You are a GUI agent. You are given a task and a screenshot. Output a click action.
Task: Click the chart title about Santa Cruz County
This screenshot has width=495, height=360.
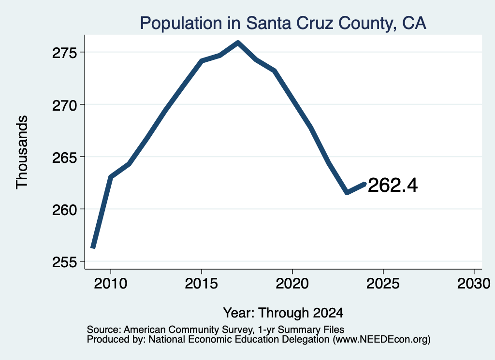(x=283, y=23)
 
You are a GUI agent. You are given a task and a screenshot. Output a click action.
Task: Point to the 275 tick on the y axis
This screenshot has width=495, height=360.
(x=64, y=53)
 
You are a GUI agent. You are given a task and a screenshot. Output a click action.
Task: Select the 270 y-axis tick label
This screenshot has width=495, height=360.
(x=64, y=105)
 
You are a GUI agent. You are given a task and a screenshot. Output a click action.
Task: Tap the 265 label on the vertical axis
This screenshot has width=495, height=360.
(x=64, y=158)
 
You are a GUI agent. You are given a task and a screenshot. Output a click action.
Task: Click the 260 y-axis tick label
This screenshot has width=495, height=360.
(x=64, y=210)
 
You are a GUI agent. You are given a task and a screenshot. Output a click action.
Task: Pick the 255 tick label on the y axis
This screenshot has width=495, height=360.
(x=64, y=262)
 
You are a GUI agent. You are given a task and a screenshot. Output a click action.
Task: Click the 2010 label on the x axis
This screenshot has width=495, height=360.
(x=111, y=283)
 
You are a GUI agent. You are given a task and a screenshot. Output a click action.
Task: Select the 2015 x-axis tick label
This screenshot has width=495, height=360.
(x=202, y=283)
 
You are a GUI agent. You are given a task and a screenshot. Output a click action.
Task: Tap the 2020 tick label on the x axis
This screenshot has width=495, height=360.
(x=292, y=283)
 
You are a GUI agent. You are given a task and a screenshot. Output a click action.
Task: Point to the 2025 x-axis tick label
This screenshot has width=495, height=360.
(x=383, y=283)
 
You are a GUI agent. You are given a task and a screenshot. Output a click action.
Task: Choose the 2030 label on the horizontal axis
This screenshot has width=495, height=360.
(x=474, y=283)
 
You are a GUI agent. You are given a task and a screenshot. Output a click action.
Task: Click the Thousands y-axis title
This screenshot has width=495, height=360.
(x=22, y=152)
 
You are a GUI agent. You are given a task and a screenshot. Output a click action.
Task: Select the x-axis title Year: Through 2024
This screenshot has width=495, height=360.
(x=283, y=313)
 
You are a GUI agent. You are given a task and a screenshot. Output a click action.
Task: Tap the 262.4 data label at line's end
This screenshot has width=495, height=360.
(x=393, y=185)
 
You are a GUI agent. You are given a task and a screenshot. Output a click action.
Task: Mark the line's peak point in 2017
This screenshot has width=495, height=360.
(x=238, y=43)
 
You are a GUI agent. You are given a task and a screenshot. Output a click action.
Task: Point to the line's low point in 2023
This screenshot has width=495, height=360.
(x=347, y=192)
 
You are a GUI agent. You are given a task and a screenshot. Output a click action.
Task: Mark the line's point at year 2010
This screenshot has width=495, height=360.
(x=111, y=177)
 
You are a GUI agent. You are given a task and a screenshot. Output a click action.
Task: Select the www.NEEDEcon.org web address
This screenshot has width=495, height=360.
(x=381, y=340)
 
